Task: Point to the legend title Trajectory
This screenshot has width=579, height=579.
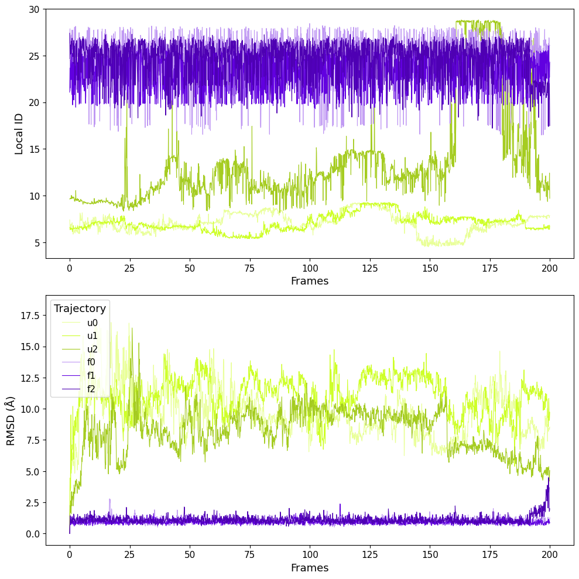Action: point(80,309)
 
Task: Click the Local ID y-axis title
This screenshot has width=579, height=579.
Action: point(19,133)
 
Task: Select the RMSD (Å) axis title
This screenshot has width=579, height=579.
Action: point(11,420)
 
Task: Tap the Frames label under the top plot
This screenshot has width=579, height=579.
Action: point(309,281)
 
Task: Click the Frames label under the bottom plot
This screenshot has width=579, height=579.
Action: point(309,568)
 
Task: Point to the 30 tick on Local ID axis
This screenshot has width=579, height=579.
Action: point(34,9)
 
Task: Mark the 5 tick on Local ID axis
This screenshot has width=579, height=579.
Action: point(36,242)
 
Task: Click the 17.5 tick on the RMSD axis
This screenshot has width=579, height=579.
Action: point(29,316)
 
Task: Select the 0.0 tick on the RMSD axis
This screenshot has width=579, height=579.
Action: point(32,534)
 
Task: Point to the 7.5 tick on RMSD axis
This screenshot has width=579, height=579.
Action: point(32,440)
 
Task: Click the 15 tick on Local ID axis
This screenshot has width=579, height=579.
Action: point(34,149)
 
